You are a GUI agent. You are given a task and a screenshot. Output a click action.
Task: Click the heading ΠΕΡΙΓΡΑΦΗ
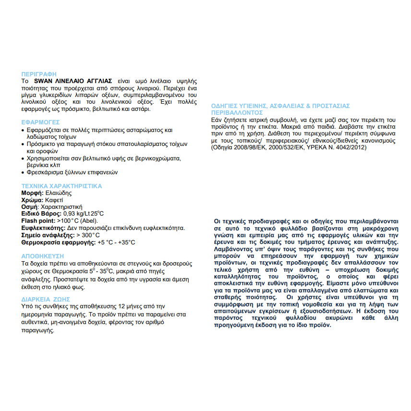(x=39, y=74)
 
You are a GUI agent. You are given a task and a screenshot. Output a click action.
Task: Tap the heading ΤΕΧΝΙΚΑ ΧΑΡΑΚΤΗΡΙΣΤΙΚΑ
(x=62, y=186)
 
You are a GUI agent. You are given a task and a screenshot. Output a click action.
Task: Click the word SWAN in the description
(x=46, y=81)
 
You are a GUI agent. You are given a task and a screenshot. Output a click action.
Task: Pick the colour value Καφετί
(x=54, y=199)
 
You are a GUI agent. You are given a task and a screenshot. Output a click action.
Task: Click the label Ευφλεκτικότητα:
(x=44, y=228)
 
